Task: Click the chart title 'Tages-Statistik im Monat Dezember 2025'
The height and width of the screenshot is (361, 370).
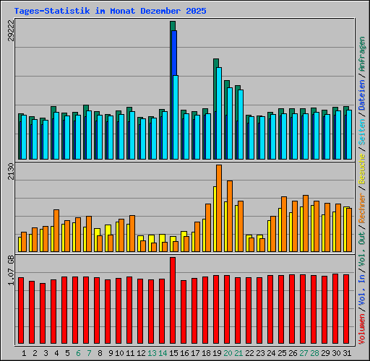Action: pyautogui.click(x=110, y=12)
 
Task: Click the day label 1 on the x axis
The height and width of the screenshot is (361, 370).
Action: pyautogui.click(x=24, y=353)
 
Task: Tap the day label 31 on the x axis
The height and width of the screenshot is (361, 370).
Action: pyautogui.click(x=347, y=353)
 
